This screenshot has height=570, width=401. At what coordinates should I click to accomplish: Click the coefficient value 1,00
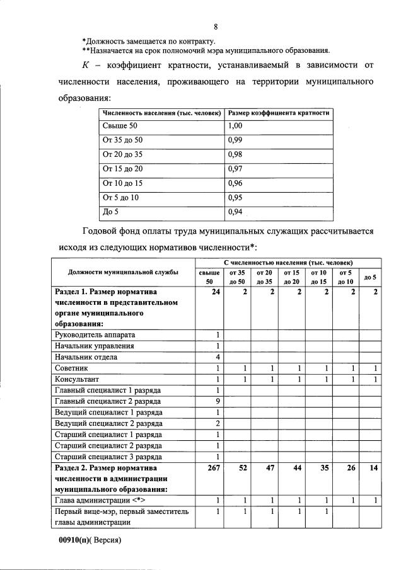tap(235, 126)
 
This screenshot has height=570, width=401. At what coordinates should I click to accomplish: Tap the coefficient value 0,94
tap(235, 212)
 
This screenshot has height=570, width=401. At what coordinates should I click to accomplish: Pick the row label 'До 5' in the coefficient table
tap(110, 212)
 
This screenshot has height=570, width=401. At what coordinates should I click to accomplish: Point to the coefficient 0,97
tap(235, 169)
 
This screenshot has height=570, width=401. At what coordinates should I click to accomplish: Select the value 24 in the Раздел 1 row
tap(216, 292)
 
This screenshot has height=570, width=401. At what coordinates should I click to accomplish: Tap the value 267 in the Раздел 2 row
tap(214, 469)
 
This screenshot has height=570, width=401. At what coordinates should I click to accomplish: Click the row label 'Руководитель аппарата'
tap(95, 334)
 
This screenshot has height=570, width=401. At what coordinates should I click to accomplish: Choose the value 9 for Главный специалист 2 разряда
tap(218, 400)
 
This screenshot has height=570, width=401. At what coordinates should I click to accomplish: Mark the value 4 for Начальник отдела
tap(218, 356)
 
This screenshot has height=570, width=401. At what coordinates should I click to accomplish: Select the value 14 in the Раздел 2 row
tap(373, 469)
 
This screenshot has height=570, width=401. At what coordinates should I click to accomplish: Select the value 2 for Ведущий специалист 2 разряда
tap(218, 422)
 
